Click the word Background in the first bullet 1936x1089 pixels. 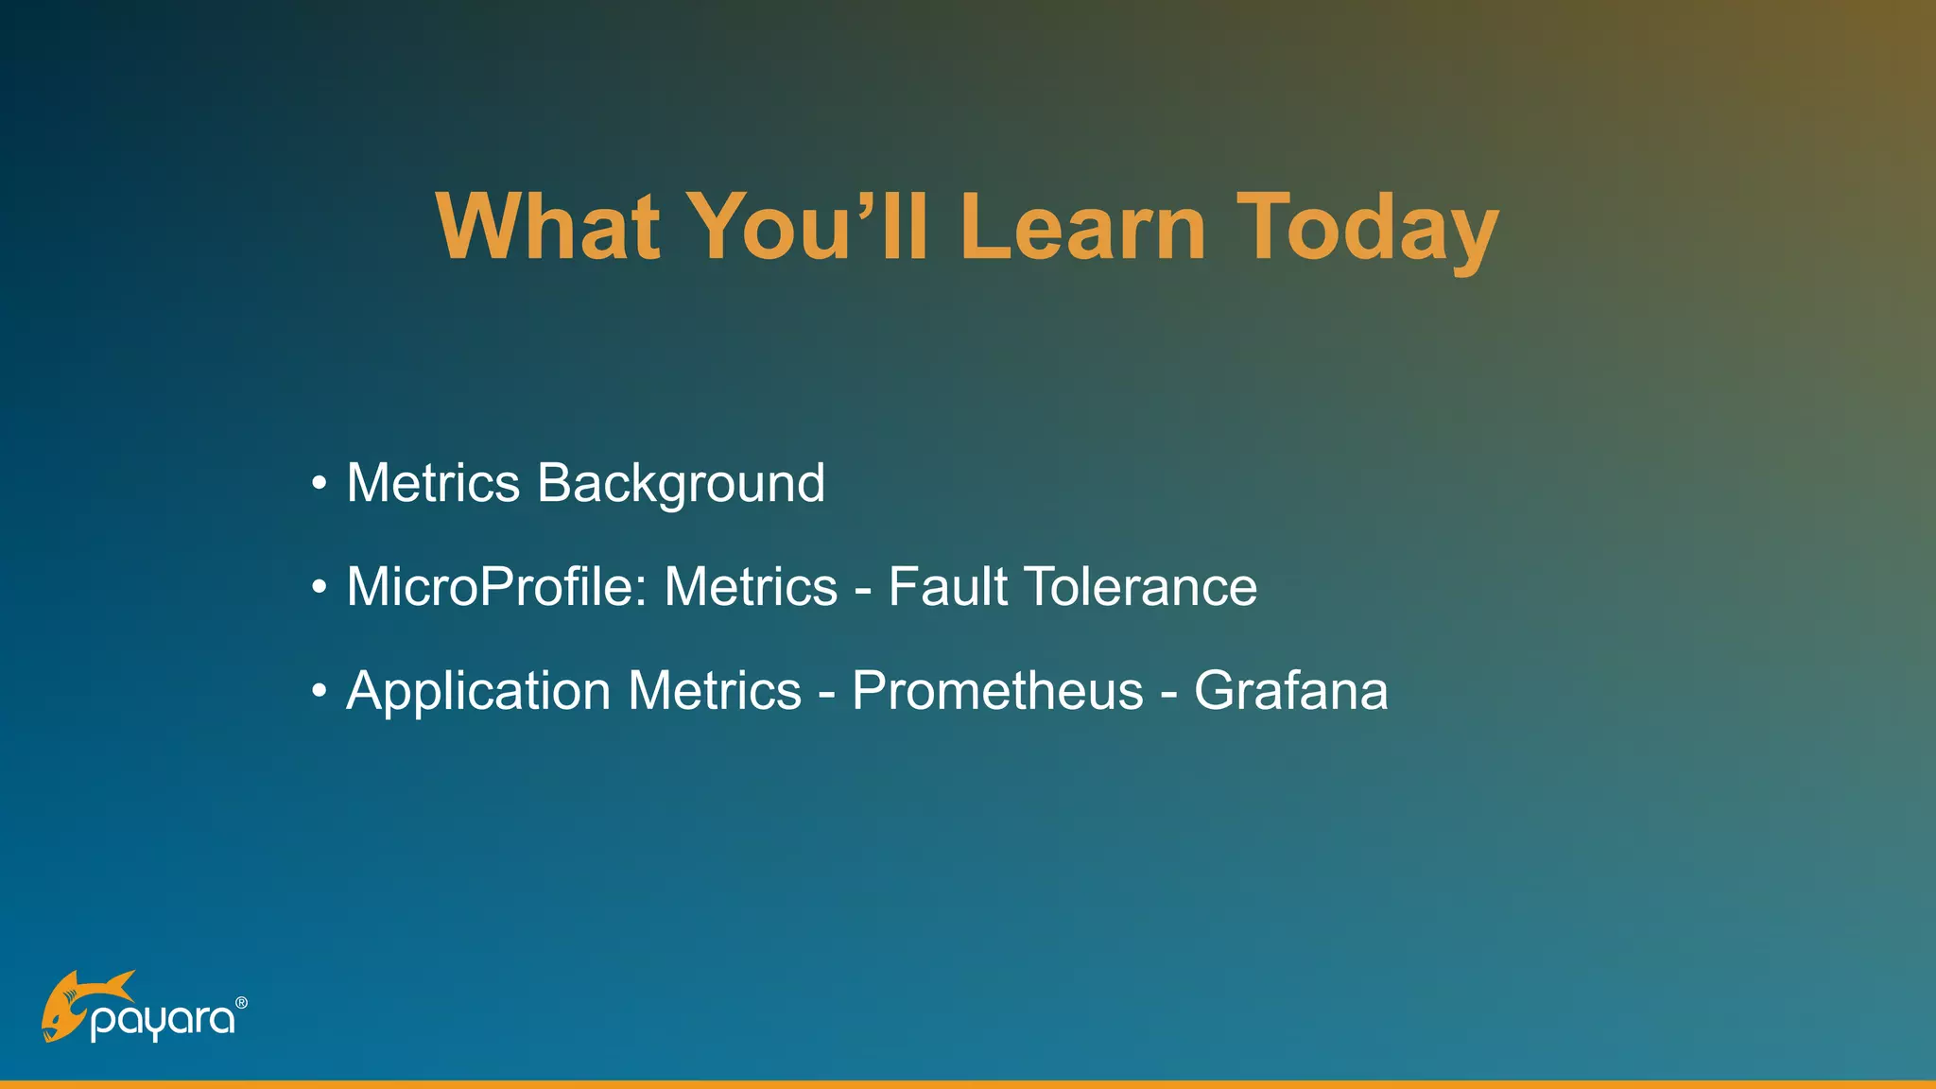(681, 484)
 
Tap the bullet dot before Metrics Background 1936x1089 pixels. (320, 485)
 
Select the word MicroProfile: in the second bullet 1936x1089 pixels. (497, 587)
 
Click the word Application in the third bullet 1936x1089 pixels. (478, 691)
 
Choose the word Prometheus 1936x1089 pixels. (997, 691)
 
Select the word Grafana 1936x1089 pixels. (1290, 691)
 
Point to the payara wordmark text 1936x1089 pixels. (162, 1021)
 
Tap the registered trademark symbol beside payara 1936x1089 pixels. (241, 1003)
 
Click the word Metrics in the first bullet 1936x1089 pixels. (433, 484)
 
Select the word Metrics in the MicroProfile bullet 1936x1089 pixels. (751, 587)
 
